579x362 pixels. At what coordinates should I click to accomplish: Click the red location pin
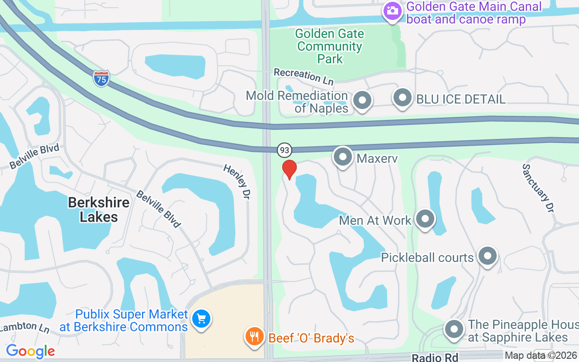[x=289, y=169]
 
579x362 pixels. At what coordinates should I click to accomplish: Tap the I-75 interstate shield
[x=101, y=78]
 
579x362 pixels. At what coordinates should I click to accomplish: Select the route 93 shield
[x=284, y=149]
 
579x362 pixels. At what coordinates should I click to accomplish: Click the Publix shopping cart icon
[x=201, y=319]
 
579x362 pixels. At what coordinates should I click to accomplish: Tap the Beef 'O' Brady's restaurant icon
[x=255, y=337]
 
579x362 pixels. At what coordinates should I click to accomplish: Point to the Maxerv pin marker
[x=343, y=157]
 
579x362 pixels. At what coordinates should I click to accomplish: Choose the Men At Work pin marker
[x=425, y=219]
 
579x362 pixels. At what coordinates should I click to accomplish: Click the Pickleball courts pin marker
[x=487, y=257]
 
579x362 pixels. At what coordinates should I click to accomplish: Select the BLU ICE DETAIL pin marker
[x=402, y=98]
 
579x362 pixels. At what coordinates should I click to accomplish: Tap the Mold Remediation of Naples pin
[x=362, y=100]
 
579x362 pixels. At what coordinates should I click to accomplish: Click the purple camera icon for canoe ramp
[x=392, y=11]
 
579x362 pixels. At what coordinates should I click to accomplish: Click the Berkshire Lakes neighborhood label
[x=99, y=210]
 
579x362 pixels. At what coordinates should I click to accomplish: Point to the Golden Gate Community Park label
[x=330, y=46]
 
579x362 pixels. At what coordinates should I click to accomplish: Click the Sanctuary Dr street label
[x=538, y=188]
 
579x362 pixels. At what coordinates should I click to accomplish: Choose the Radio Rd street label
[x=435, y=357]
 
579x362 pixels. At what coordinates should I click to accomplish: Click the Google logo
[x=30, y=351]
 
